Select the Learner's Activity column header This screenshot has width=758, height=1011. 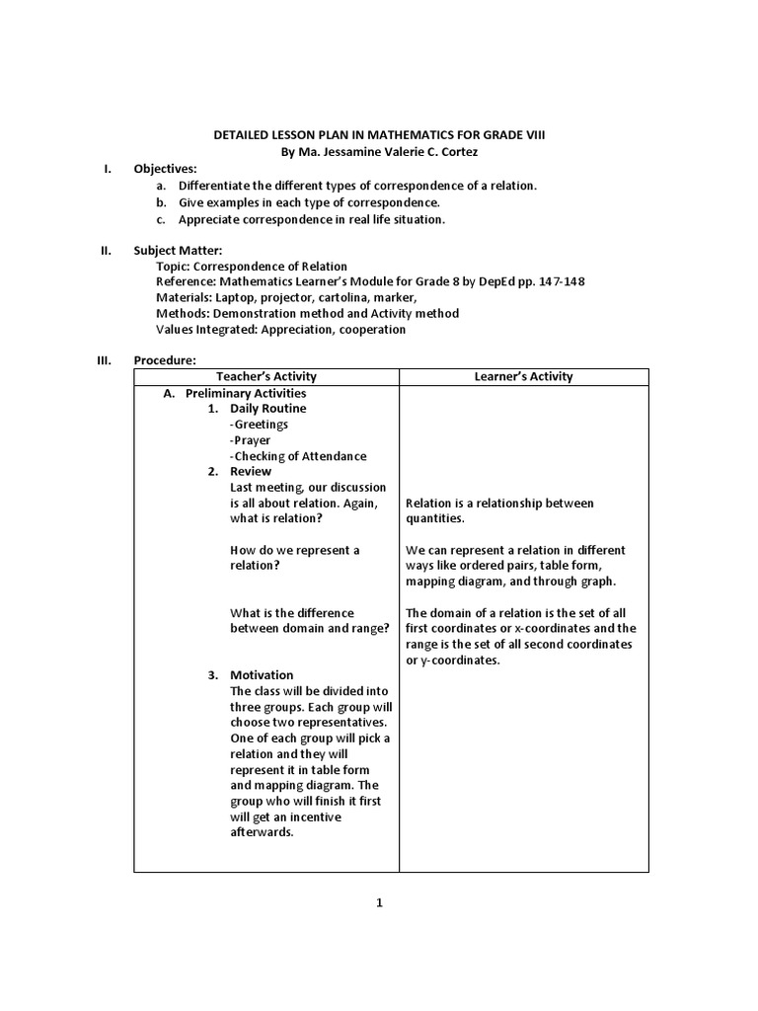(x=523, y=376)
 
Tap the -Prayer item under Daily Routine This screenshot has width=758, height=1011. (x=250, y=439)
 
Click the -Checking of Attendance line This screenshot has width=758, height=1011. (x=297, y=455)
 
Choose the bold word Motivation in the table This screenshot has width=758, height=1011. (x=262, y=675)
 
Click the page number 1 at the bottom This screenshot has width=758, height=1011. (x=379, y=902)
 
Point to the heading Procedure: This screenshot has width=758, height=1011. (x=166, y=360)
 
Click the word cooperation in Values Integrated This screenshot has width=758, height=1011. (x=372, y=329)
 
